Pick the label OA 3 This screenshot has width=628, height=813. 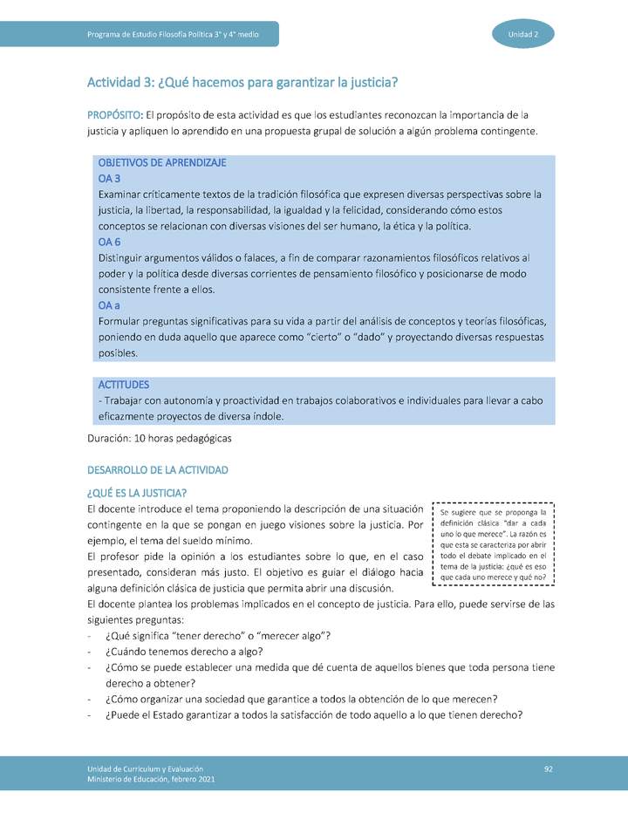(x=110, y=178)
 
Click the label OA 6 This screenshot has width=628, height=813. (x=110, y=242)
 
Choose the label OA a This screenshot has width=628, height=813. (x=109, y=305)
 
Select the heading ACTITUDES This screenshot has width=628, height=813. (x=123, y=385)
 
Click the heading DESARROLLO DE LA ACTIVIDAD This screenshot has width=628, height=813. (x=158, y=470)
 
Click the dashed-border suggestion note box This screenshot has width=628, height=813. (x=494, y=544)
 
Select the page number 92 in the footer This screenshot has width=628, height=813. (x=549, y=768)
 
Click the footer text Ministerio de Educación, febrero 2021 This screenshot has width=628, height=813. (x=150, y=779)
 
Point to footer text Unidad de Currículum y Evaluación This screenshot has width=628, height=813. (x=145, y=768)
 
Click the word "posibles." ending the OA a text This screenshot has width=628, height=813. (x=118, y=353)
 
